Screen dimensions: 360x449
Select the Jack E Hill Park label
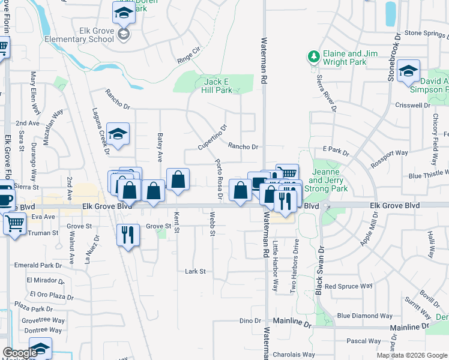pyautogui.click(x=217, y=86)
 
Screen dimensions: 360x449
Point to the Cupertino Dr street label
pyautogui.click(x=213, y=138)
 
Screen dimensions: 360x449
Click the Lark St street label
pyautogui.click(x=195, y=271)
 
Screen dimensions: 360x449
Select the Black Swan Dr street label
pyautogui.click(x=320, y=269)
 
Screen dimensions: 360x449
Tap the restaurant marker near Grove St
pyautogui.click(x=128, y=234)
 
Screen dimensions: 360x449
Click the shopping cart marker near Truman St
pyautogui.click(x=14, y=224)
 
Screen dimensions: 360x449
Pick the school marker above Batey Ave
pyautogui.click(x=118, y=134)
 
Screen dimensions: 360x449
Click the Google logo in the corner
pyautogui.click(x=20, y=353)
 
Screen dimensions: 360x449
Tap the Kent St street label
pyautogui.click(x=176, y=223)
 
